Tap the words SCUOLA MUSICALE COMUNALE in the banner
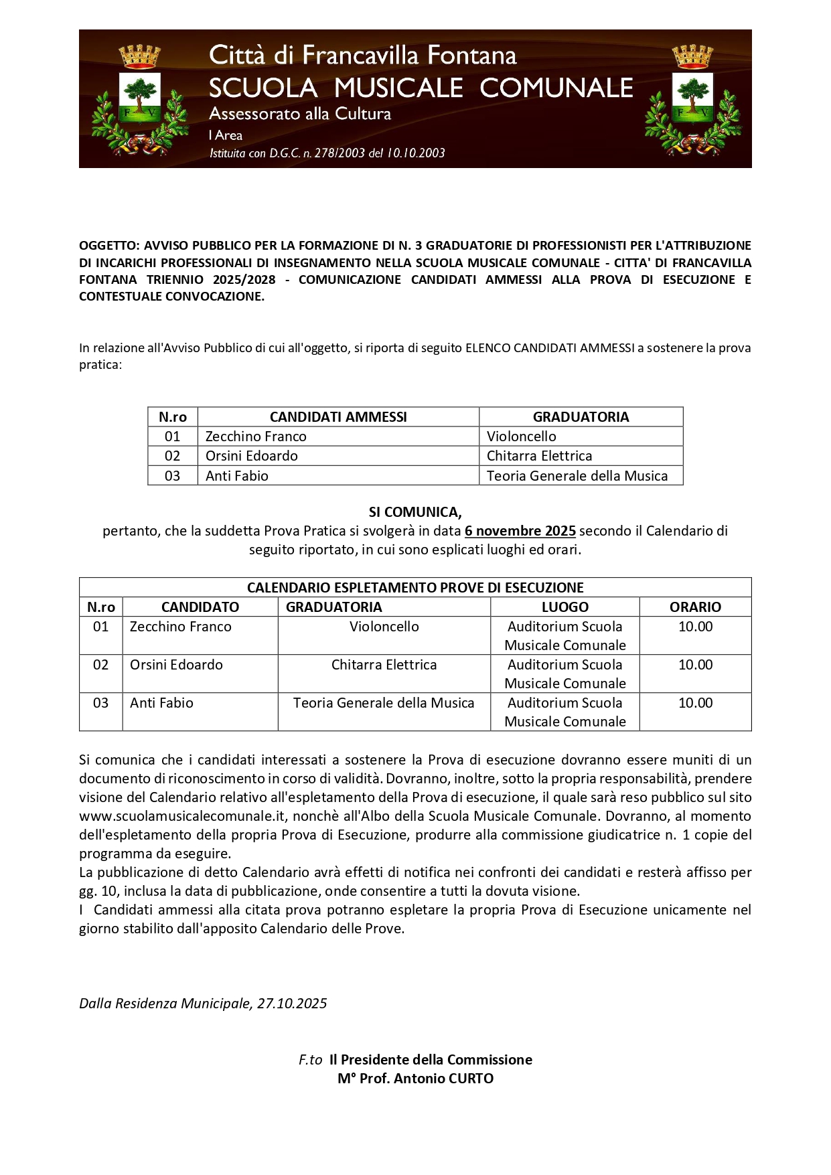[421, 88]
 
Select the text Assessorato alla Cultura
[300, 114]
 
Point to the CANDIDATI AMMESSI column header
[338, 417]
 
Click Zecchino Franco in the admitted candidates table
[256, 437]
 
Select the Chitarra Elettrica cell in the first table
[539, 456]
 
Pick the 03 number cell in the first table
[172, 476]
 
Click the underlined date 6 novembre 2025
[520, 531]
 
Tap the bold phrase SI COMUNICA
[415, 512]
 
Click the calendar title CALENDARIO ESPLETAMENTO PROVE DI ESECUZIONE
[415, 588]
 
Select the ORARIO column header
[695, 607]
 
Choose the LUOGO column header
[564, 607]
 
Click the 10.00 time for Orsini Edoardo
[695, 665]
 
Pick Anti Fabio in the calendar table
[161, 703]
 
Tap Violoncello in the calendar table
[384, 627]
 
